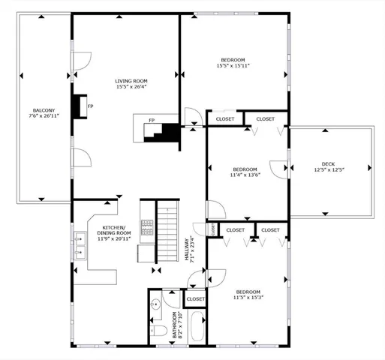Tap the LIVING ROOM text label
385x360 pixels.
(x=131, y=81)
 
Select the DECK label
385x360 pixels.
(x=328, y=163)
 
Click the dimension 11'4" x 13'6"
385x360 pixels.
(x=245, y=175)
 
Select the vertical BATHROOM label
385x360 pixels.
(x=174, y=324)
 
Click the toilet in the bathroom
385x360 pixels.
(x=158, y=331)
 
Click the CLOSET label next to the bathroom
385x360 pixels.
(x=195, y=298)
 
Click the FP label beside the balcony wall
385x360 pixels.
(x=90, y=106)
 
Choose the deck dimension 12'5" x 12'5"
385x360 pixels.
(x=328, y=169)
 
